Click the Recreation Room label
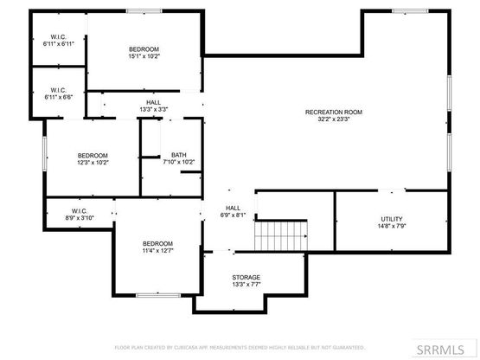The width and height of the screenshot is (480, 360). click(x=334, y=112)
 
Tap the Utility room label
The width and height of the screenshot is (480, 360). click(x=392, y=219)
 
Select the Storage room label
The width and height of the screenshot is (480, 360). click(x=246, y=277)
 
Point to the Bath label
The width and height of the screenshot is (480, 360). click(x=179, y=155)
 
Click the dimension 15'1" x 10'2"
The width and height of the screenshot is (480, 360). click(x=144, y=56)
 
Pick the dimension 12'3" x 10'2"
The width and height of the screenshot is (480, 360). click(x=93, y=163)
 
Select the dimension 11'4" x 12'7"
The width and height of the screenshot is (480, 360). click(x=158, y=250)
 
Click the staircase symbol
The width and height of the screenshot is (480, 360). click(x=281, y=235)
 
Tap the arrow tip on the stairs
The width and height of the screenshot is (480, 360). click(x=306, y=236)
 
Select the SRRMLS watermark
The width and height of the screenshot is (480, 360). click(x=440, y=350)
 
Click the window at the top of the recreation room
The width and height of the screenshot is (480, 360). click(x=410, y=11)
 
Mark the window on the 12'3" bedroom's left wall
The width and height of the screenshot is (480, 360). click(x=45, y=153)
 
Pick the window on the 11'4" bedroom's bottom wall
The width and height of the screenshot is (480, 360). click(x=158, y=295)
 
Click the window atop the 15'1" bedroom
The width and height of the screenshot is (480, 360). click(x=144, y=11)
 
